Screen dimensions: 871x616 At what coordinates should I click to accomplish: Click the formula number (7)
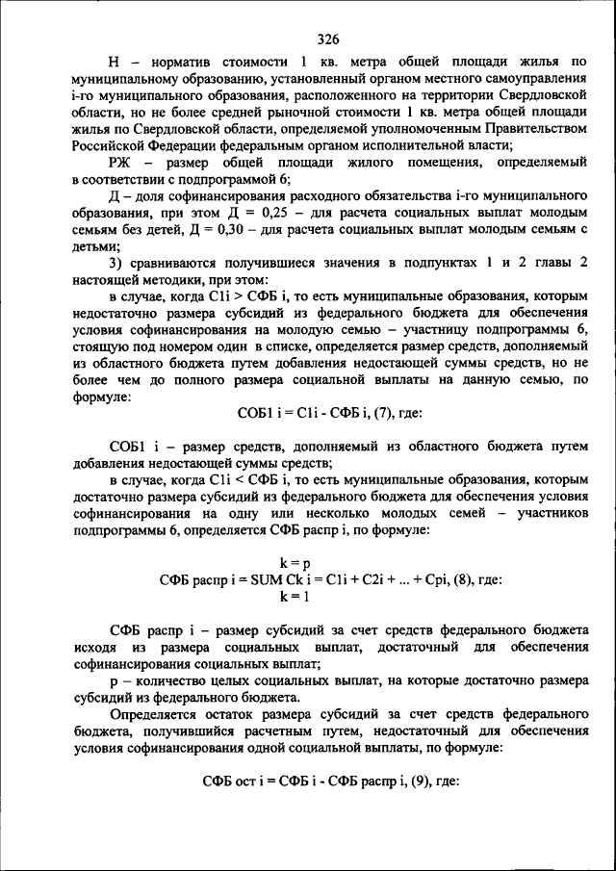tap(372, 414)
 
